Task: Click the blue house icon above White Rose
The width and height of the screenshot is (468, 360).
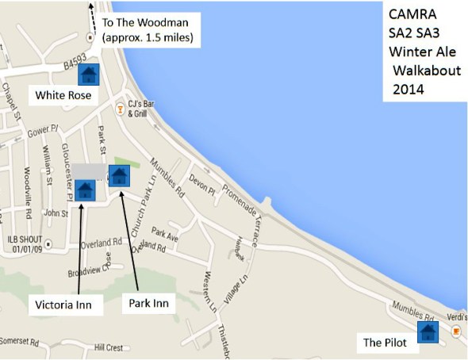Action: (x=88, y=75)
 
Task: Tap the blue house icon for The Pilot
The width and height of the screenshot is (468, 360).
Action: (x=428, y=331)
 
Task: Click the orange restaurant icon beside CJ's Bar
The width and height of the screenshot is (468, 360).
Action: (x=121, y=106)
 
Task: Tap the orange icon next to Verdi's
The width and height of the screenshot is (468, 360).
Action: (x=455, y=332)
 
